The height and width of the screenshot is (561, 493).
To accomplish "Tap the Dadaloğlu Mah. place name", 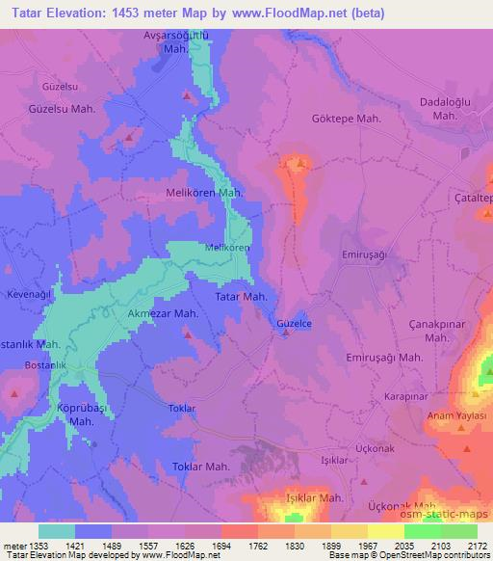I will [x=444, y=108].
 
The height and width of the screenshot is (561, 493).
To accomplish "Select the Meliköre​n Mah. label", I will [x=204, y=193].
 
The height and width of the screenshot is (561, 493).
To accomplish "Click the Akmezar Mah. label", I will [x=163, y=314].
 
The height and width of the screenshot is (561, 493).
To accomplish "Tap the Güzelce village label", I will [x=295, y=324].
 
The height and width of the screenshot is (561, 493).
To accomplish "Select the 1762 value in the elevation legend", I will [x=238, y=545].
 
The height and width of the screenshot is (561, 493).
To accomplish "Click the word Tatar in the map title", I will [x=26, y=13].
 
